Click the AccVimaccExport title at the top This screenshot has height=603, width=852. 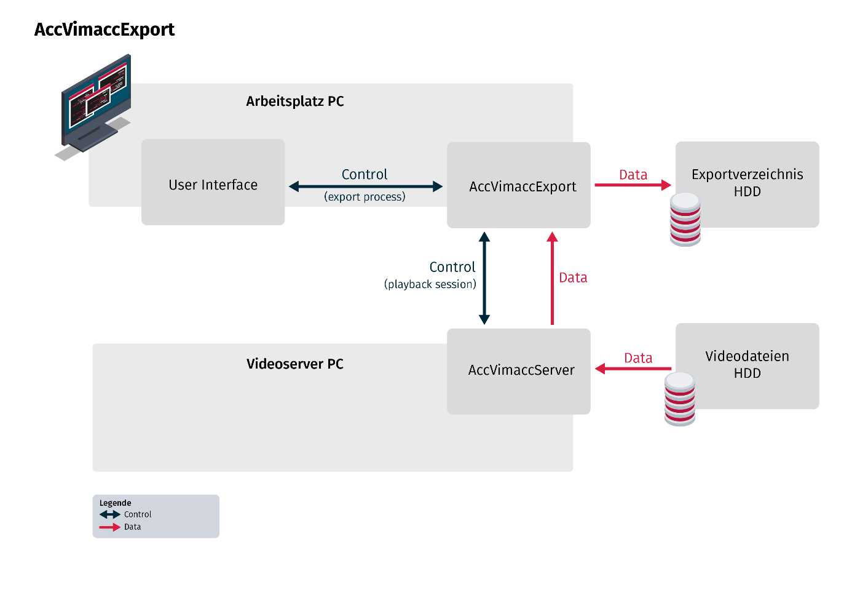pyautogui.click(x=105, y=30)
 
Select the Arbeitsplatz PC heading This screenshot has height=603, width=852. pyautogui.click(x=295, y=102)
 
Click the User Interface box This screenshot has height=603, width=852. pyautogui.click(x=213, y=182)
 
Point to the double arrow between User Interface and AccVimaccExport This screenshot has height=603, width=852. pyautogui.click(x=366, y=186)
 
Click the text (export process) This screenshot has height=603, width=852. pyautogui.click(x=365, y=197)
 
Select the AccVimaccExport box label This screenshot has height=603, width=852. pyautogui.click(x=523, y=186)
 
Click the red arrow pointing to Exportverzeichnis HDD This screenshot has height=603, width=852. pyautogui.click(x=633, y=185)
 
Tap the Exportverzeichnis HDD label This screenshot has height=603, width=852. pyautogui.click(x=747, y=183)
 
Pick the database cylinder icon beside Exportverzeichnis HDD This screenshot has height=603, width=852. pyautogui.click(x=685, y=219)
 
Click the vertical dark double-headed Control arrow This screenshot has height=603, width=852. pyautogui.click(x=484, y=278)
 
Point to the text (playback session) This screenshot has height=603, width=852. pyautogui.click(x=430, y=284)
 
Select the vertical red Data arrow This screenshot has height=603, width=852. pyautogui.click(x=552, y=278)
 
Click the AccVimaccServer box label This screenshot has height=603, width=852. pyautogui.click(x=521, y=370)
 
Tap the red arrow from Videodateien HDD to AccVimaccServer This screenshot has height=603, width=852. pyautogui.click(x=633, y=369)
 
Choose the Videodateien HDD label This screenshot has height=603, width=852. pyautogui.click(x=747, y=365)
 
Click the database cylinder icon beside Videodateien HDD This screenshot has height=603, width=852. pyautogui.click(x=680, y=399)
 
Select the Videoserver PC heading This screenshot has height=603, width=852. pyautogui.click(x=295, y=364)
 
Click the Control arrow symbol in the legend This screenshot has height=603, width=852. pyautogui.click(x=110, y=514)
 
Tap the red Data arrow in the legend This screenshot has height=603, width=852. pyautogui.click(x=110, y=527)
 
